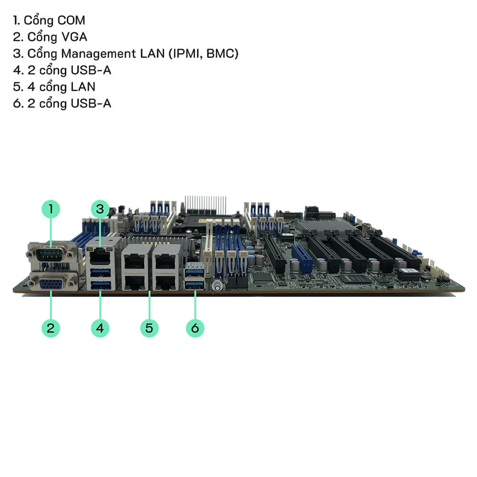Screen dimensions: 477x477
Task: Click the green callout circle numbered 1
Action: (x=51, y=209)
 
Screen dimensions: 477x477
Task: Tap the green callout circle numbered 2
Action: (x=51, y=328)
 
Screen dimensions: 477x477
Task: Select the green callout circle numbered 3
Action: (x=100, y=209)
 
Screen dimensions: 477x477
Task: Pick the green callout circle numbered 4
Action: (x=100, y=328)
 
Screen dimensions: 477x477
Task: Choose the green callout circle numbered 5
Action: (x=149, y=328)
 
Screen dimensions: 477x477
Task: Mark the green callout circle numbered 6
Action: (x=195, y=328)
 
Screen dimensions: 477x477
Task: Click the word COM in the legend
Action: (x=71, y=21)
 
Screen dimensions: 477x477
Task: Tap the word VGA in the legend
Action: (x=74, y=37)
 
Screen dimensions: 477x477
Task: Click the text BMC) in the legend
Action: (x=222, y=54)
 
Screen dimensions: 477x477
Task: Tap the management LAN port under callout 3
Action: (x=100, y=255)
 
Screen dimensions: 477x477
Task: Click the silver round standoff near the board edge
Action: (x=217, y=287)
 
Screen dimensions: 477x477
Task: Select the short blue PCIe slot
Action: (x=302, y=258)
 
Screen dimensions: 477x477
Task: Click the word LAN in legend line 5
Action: (x=83, y=87)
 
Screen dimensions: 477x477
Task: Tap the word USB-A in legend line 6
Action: (x=91, y=104)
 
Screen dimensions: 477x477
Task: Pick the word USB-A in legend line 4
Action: (x=91, y=71)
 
